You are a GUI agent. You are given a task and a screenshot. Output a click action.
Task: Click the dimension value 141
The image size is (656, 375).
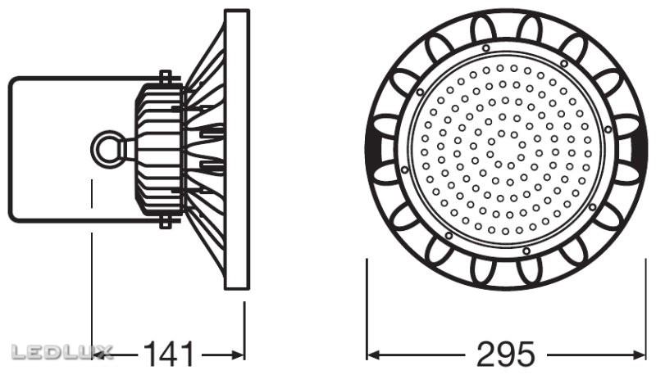[x=170, y=355]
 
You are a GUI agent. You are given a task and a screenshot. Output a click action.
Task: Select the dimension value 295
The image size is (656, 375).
[x=505, y=355]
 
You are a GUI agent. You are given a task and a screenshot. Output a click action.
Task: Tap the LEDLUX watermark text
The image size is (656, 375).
[x=61, y=353]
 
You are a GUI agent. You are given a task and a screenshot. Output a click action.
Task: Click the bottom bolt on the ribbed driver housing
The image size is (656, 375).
[x=165, y=221]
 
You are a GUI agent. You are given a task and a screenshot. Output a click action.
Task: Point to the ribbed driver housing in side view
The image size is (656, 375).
[x=157, y=148]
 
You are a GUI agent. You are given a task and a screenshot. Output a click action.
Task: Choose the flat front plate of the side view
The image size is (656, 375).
[x=237, y=148]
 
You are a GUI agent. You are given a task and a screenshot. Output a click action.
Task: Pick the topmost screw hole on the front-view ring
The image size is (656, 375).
[x=487, y=48]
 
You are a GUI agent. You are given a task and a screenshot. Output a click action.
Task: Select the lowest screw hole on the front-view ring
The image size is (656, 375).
[x=526, y=251]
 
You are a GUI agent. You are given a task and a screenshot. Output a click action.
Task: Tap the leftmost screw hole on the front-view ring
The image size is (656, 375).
[x=405, y=169]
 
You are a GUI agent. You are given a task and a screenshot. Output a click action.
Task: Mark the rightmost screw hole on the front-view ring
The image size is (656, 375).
[x=608, y=129]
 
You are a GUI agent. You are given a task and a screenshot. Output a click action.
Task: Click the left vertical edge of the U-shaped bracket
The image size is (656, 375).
[x=9, y=148]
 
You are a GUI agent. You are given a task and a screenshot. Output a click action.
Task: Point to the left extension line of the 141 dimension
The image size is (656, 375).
[x=91, y=287]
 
